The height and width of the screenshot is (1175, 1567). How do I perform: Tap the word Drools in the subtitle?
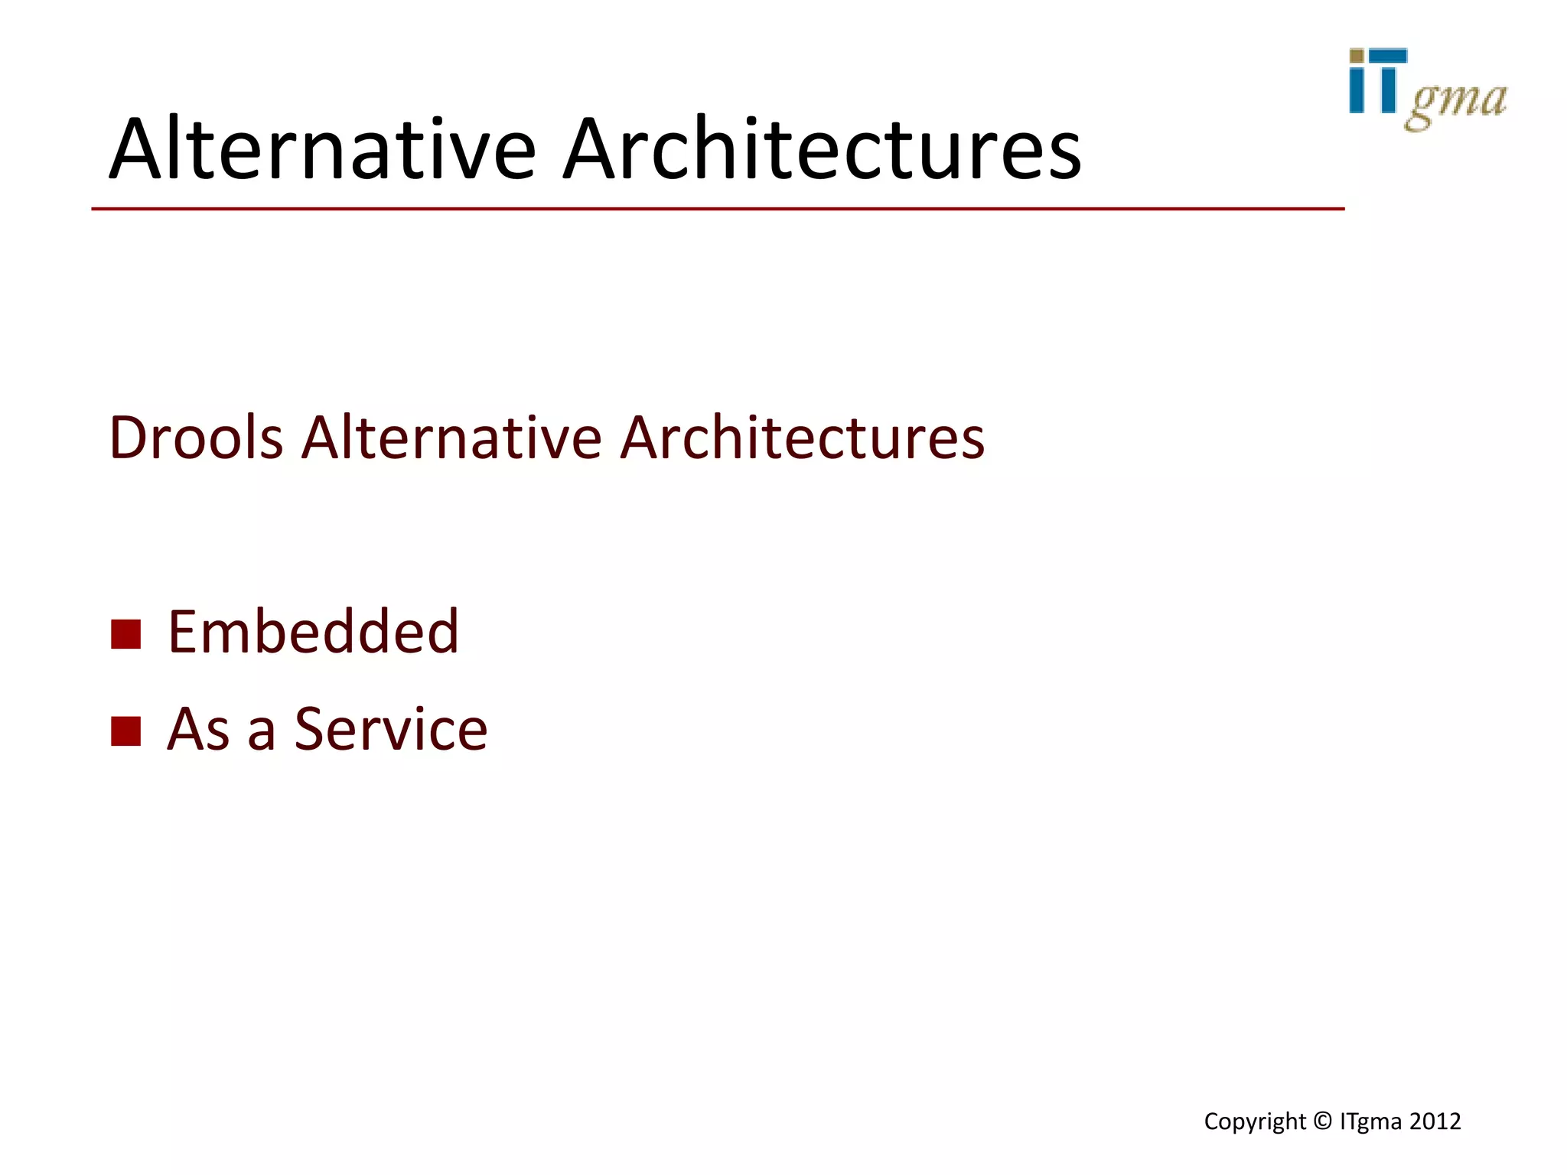196,438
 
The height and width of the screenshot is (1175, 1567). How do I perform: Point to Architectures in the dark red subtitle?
802,438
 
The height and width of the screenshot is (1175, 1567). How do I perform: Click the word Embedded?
313,632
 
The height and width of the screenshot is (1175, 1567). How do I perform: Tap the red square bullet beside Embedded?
126,633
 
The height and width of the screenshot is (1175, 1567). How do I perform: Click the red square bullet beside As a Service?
126,731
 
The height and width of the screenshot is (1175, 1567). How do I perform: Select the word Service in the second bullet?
391,729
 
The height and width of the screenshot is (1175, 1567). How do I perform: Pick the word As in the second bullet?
198,729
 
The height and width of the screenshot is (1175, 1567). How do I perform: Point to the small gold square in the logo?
1356,56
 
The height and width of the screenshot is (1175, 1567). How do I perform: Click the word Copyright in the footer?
1255,1121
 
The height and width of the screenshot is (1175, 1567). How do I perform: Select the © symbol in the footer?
1322,1121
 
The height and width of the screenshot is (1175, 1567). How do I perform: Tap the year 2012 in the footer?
1435,1121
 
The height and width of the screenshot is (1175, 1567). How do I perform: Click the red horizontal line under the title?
718,208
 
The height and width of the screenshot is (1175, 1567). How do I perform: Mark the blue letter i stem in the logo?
1357,90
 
